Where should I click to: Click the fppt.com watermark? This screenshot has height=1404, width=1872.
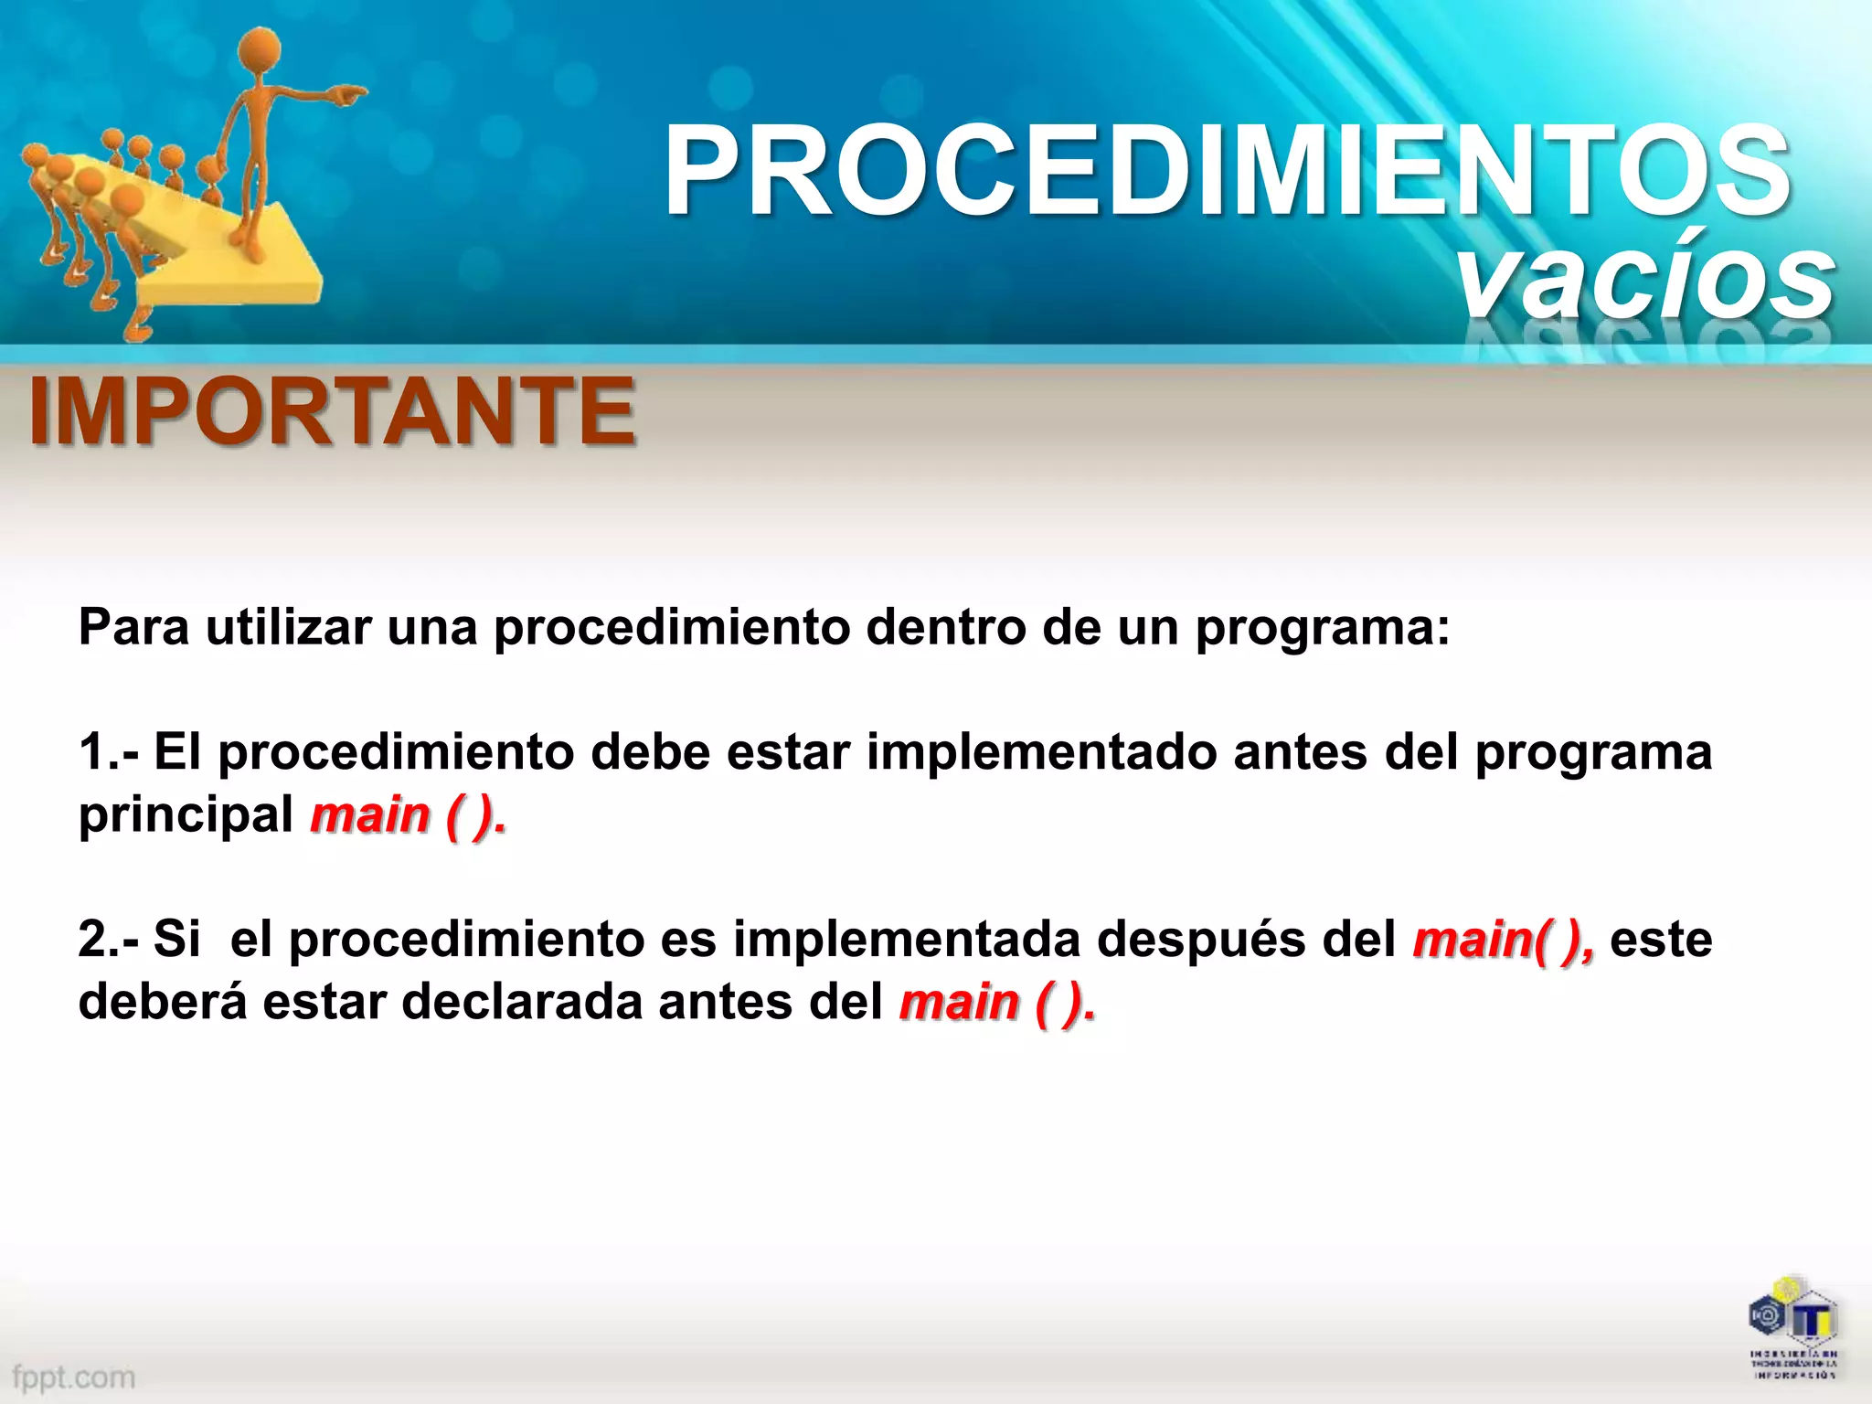[x=74, y=1377]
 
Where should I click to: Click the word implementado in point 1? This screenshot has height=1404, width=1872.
[x=1041, y=752]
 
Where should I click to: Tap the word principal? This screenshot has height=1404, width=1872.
[x=186, y=814]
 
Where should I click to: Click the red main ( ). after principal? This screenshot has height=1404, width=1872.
[x=408, y=814]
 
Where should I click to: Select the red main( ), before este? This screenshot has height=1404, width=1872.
[x=1503, y=940]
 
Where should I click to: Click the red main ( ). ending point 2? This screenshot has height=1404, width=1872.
[x=996, y=1002]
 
